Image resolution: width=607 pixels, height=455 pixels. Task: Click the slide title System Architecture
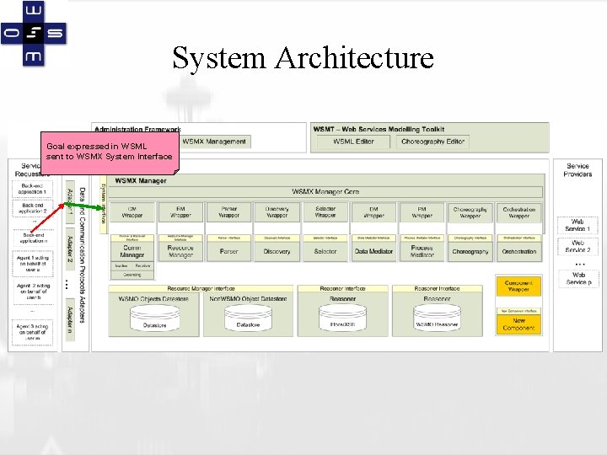pos(303,58)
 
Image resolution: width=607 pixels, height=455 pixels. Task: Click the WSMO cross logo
pos(34,34)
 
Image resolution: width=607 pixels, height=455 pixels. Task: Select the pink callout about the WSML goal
pos(110,152)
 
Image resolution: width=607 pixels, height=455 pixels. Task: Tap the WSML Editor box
pos(354,142)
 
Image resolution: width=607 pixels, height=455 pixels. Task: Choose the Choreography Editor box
pos(432,142)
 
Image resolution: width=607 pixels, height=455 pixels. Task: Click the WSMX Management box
pos(214,142)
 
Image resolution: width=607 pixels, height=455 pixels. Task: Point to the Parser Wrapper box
pos(228,211)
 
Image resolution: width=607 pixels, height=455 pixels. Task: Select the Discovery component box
pos(277,251)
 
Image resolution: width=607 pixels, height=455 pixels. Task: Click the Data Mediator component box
pos(373,251)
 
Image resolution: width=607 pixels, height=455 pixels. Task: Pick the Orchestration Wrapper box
pos(519,211)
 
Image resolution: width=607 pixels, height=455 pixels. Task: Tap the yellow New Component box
pos(518,324)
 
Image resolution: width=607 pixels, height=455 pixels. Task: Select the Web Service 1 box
pos(577,225)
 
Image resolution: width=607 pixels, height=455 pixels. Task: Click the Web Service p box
pos(577,278)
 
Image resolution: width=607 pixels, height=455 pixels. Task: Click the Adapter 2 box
pos(71,249)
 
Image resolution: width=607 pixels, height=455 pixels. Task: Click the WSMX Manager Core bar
pos(325,192)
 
